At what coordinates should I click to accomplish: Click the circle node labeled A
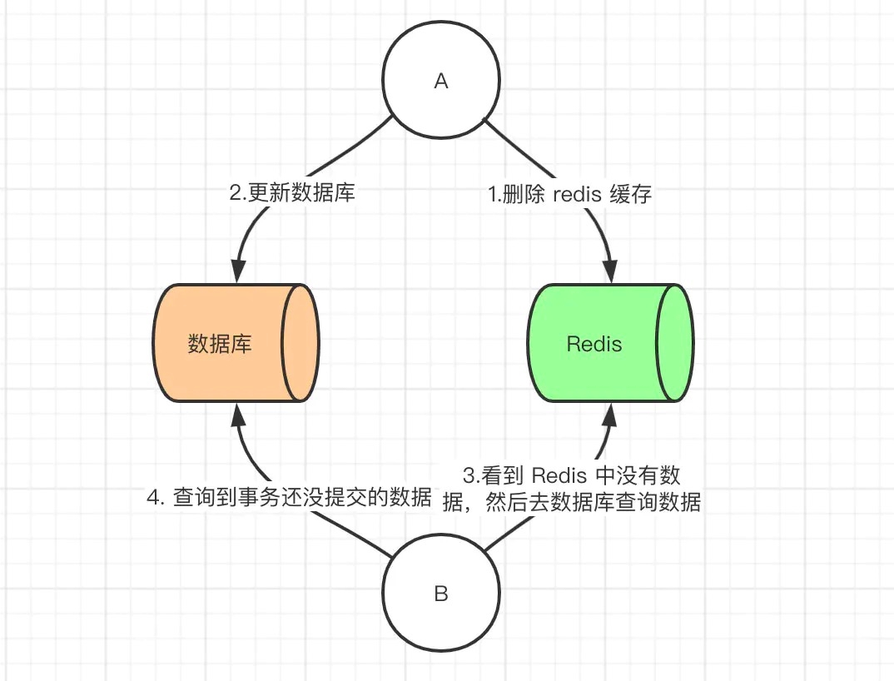[x=441, y=81]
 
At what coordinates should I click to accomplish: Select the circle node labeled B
[x=441, y=594]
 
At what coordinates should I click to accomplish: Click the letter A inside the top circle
[x=441, y=82]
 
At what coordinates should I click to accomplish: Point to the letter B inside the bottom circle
[x=441, y=594]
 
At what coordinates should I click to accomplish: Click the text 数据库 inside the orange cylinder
[x=220, y=344]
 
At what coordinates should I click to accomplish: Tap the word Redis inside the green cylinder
[x=594, y=344]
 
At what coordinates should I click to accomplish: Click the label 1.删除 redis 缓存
[x=570, y=194]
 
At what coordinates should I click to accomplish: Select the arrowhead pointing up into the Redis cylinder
[x=610, y=413]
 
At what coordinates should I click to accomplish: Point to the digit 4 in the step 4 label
[x=152, y=498]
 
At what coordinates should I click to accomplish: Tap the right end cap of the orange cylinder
[x=302, y=343]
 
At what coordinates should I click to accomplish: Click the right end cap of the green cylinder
[x=675, y=343]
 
